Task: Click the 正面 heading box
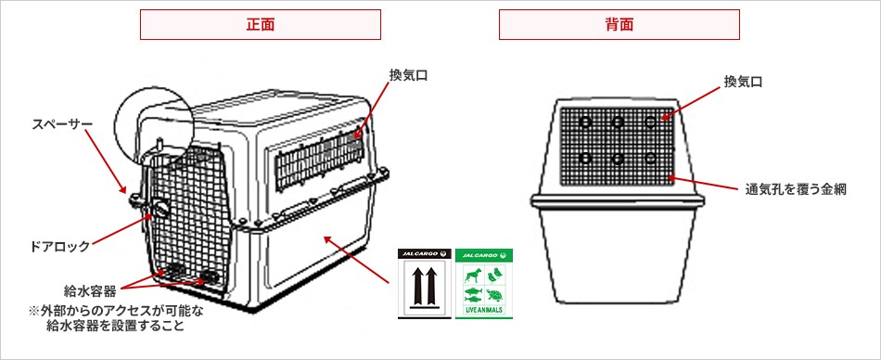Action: coord(261,25)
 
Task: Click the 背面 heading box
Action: coord(619,25)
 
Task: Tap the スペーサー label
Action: coord(62,123)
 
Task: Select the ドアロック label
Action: coord(59,246)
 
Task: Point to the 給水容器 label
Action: coord(90,290)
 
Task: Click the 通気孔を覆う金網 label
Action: coord(796,189)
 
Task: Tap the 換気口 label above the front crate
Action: coord(408,75)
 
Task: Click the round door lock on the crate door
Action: coord(160,210)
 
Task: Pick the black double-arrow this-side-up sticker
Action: coord(425,284)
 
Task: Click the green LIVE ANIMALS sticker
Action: coord(484,284)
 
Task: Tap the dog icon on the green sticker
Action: coord(474,275)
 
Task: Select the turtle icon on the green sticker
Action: coord(494,295)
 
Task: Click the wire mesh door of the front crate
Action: coord(190,218)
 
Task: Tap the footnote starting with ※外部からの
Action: coord(117,318)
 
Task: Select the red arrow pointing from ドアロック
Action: coord(121,229)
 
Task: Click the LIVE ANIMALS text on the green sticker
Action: coord(484,311)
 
